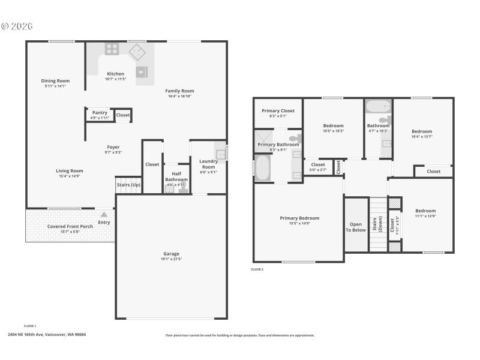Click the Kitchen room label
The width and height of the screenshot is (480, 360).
[x=116, y=74]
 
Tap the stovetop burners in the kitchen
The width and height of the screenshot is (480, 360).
[x=112, y=49]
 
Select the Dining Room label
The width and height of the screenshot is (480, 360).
[x=55, y=81]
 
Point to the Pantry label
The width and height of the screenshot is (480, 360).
[x=100, y=112]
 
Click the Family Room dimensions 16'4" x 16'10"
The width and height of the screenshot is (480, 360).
[x=179, y=96]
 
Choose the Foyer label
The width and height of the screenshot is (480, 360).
[x=113, y=147]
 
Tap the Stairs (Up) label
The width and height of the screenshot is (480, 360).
[x=128, y=185]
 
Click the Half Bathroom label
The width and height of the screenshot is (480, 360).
[x=176, y=176]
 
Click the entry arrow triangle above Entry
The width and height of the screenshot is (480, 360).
[x=104, y=214]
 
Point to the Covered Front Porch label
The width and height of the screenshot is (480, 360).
[x=70, y=226]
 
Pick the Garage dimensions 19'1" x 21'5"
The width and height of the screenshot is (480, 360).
[x=172, y=259]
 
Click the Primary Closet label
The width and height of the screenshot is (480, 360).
[x=278, y=110]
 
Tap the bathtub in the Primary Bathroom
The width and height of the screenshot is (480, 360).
[x=263, y=168]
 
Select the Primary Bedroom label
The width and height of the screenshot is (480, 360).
[x=299, y=218]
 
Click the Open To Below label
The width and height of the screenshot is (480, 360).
[x=355, y=226]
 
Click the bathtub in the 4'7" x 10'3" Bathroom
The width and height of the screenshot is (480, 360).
[x=378, y=108]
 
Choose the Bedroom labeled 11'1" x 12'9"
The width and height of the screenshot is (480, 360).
[x=425, y=211]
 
